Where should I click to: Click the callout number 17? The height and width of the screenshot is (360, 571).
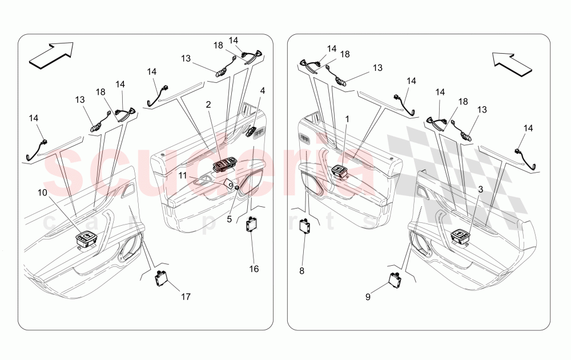tap(186, 297)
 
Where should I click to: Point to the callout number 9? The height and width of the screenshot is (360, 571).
tap(368, 297)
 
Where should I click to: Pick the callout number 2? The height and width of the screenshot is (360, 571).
tap(208, 105)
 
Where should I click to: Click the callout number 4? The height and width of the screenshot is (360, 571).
tap(263, 90)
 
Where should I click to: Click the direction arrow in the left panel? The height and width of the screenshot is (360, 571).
tap(51, 55)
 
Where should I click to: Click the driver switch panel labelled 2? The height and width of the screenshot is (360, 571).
tap(224, 166)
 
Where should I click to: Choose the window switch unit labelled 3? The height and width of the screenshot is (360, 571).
tap(460, 237)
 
